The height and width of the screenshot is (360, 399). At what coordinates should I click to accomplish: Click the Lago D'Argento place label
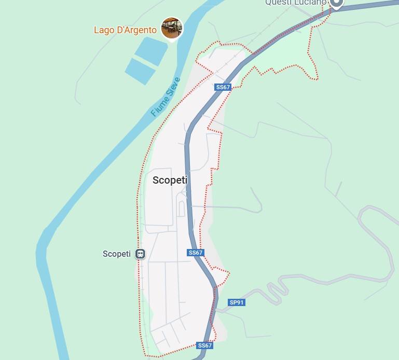[x=125, y=30]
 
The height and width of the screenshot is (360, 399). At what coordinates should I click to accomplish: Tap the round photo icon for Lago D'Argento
[x=171, y=28]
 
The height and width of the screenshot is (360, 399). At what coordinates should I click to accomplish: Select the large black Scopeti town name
[x=170, y=181]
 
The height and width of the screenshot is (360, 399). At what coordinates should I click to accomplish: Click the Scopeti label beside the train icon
[x=117, y=254]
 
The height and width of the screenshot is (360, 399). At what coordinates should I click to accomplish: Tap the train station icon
[x=140, y=254]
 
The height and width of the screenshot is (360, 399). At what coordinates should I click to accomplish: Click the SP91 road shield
[x=236, y=302]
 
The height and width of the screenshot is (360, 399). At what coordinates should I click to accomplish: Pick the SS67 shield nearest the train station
[x=196, y=253]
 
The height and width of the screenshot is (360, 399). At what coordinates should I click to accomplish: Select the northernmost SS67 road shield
[x=223, y=87]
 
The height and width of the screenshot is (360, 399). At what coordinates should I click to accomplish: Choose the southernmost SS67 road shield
[x=204, y=345]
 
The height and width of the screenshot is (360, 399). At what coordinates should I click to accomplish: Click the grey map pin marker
[x=337, y=3]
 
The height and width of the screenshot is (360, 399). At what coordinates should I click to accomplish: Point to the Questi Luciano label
[x=295, y=3]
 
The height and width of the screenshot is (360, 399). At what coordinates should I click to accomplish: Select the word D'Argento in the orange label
[x=136, y=30]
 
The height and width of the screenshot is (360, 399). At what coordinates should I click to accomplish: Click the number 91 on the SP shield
[x=240, y=302]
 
